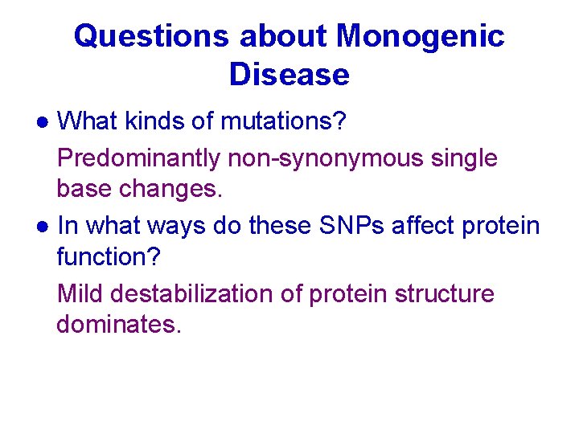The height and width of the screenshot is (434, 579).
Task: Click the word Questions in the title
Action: click(x=151, y=37)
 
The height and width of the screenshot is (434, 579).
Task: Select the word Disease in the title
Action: click(x=289, y=75)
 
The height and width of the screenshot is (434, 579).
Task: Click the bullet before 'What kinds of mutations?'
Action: click(x=43, y=122)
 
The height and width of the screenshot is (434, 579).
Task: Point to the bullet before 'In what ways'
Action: click(x=43, y=227)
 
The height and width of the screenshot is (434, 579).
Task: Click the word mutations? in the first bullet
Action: click(x=283, y=121)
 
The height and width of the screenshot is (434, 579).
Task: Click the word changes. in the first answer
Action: click(x=171, y=189)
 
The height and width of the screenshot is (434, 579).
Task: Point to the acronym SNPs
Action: click(x=351, y=226)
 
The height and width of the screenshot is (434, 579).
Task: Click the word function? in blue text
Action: click(x=109, y=256)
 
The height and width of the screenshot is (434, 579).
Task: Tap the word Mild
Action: click(x=80, y=293)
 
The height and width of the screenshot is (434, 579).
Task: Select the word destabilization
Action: click(x=191, y=293)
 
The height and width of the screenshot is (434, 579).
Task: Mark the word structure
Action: click(x=445, y=294)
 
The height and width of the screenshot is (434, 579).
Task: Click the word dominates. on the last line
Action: click(x=119, y=324)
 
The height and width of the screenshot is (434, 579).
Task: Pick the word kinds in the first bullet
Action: click(x=154, y=121)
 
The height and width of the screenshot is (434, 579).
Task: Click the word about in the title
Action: click(x=283, y=37)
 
